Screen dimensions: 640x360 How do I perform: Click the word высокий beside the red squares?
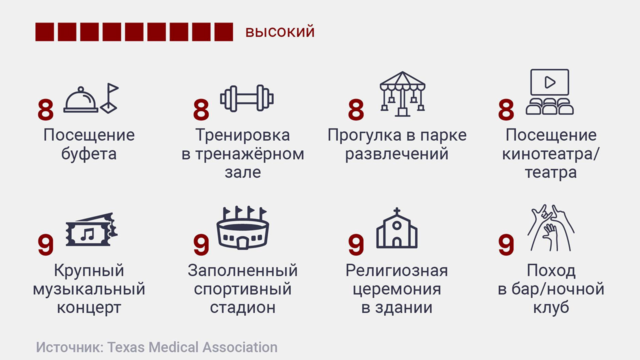click(280, 31)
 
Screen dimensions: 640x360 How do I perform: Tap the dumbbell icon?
click(247, 98)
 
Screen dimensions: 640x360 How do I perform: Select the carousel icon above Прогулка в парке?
click(402, 93)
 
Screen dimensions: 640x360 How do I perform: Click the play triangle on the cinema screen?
click(550, 82)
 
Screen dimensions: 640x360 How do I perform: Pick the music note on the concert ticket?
click(87, 234)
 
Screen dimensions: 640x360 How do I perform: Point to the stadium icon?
click(243, 227)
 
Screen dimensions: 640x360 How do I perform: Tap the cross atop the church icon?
click(396, 211)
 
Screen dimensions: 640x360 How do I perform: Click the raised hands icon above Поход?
click(551, 227)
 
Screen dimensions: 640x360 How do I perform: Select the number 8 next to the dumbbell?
click(201, 109)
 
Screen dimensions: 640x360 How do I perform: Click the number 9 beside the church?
click(356, 244)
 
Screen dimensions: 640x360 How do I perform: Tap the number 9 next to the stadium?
click(201, 244)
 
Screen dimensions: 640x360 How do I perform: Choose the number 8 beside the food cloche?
click(45, 109)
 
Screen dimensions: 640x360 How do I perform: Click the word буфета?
click(89, 154)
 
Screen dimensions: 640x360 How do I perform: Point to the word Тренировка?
click(242, 135)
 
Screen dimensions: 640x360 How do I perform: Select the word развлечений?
click(397, 154)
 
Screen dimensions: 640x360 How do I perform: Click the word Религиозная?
click(396, 270)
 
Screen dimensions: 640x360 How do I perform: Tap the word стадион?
click(243, 308)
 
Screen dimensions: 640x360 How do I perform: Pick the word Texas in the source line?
click(126, 347)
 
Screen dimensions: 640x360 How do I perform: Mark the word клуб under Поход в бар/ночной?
click(551, 308)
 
